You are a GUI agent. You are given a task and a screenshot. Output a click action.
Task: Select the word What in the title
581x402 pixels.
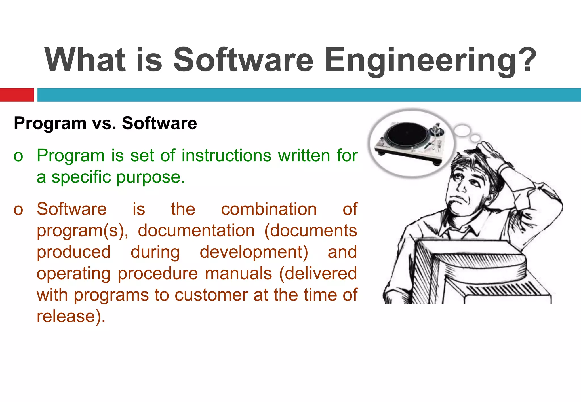click(85, 60)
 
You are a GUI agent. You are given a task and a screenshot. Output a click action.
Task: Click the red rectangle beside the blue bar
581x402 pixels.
click(17, 95)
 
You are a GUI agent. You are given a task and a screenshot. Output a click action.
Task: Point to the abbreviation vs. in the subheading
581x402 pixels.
click(104, 124)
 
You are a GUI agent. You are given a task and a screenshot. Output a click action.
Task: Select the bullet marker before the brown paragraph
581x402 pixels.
click(18, 210)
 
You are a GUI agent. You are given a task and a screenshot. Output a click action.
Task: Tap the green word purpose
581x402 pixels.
click(150, 177)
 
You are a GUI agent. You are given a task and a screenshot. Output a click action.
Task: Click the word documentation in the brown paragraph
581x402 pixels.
click(196, 230)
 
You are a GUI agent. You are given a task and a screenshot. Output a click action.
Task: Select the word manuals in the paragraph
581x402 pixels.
click(238, 274)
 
